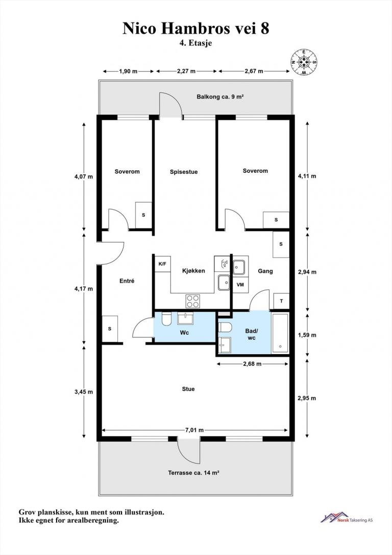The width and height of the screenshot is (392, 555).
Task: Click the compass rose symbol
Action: coord(304,62)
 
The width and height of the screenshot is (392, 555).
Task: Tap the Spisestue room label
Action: coord(183,172)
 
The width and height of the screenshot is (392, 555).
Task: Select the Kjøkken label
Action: coord(193,271)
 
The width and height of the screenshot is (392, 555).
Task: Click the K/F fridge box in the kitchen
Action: coord(162,264)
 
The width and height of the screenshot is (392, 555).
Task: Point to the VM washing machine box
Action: coord(240,285)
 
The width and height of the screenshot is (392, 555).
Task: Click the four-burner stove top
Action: coord(192,301)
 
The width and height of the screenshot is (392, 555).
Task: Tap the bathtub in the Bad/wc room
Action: coord(280,333)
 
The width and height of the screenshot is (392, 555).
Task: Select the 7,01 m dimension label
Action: coord(194,430)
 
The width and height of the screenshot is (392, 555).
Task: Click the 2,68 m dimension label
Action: coord(252,364)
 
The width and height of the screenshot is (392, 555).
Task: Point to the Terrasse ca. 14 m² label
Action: coord(193,473)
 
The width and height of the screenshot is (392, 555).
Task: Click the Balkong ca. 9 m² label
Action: coord(220,97)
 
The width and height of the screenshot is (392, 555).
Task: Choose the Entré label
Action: coord(127,281)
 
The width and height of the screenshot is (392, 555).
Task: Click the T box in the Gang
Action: coord(281,301)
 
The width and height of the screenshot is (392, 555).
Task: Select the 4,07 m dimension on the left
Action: coord(84,176)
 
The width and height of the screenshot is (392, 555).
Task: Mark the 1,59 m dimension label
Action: coord(307,335)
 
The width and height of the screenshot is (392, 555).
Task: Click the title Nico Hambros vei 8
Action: coord(196,28)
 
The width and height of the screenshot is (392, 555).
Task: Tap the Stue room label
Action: coord(188,389)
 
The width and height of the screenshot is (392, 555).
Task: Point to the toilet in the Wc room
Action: coord(166,318)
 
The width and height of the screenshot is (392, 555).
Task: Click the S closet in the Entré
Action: coord(110,329)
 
